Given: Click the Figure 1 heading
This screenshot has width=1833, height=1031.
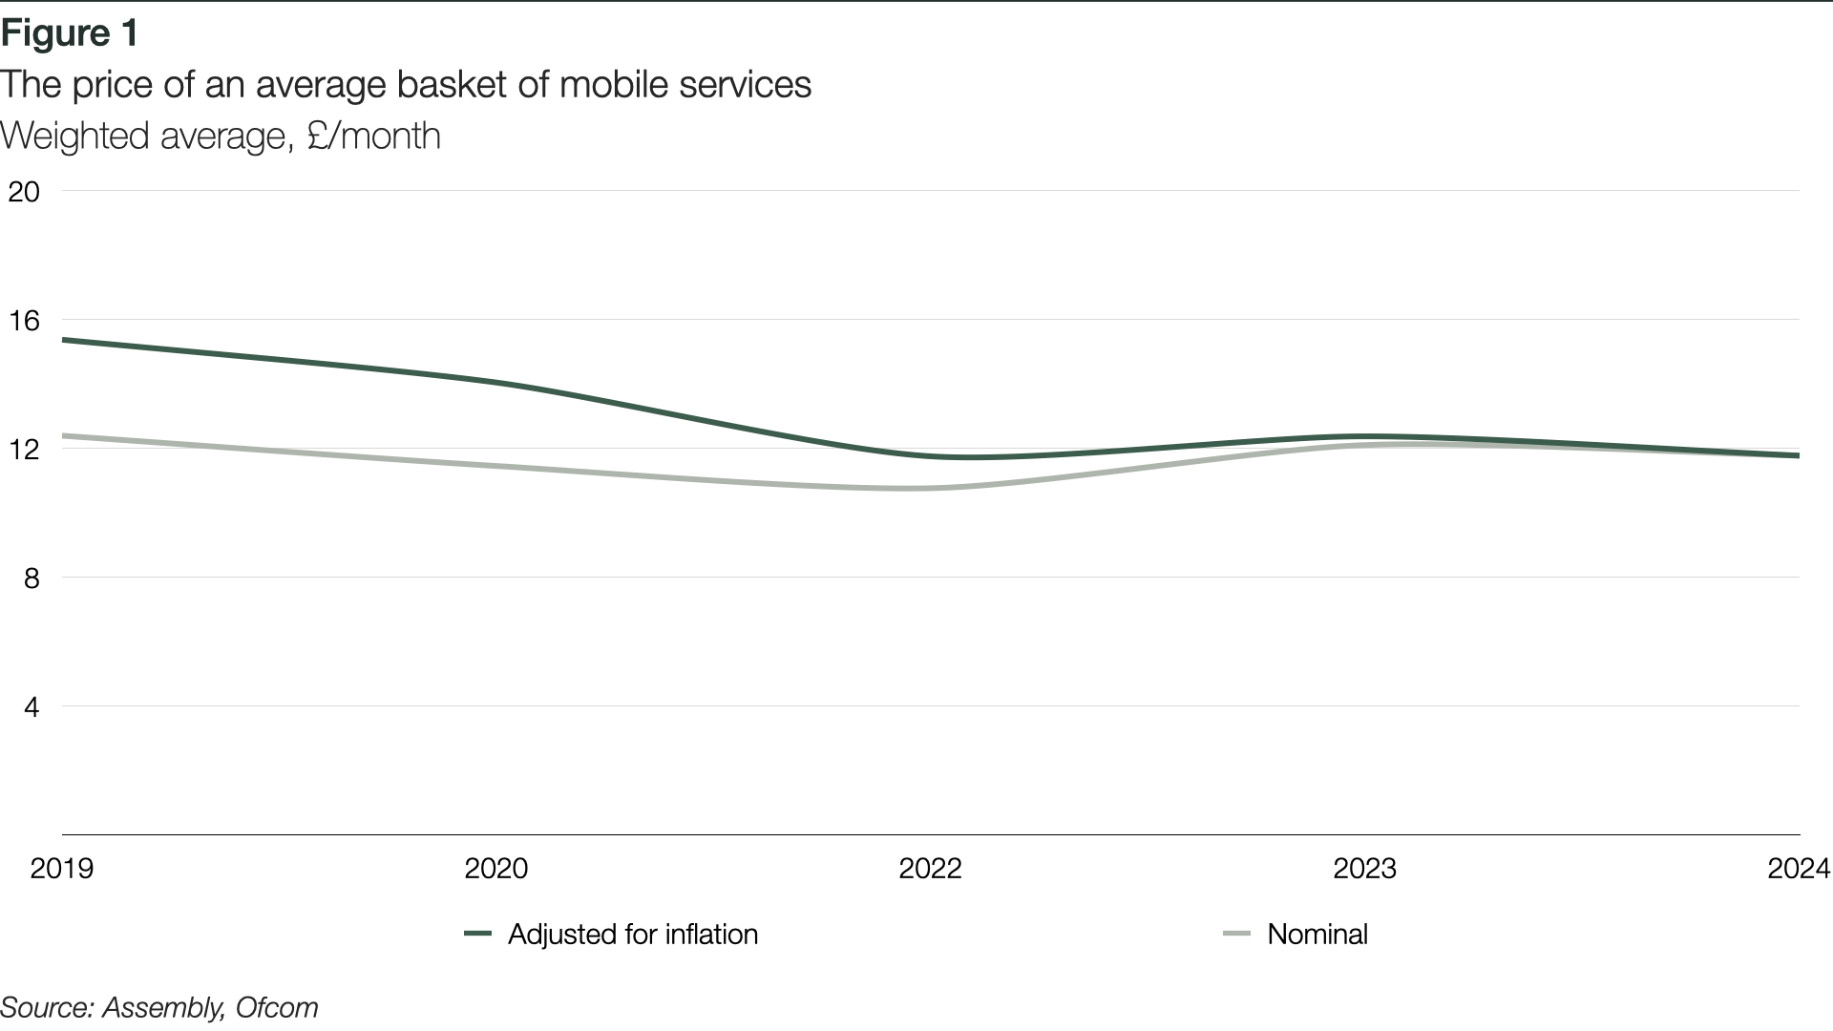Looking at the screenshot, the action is (x=70, y=33).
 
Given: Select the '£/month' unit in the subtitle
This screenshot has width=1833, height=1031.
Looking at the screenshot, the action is (x=373, y=136).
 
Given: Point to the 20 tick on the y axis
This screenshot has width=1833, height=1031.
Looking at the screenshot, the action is (x=24, y=192).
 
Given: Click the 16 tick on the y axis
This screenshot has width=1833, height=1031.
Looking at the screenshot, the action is (x=24, y=321).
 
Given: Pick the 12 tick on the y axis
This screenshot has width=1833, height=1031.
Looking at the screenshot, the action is (x=24, y=450).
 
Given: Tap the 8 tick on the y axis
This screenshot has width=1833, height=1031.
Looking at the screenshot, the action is (x=32, y=579).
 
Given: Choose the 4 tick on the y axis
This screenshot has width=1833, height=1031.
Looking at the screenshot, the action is (x=32, y=707).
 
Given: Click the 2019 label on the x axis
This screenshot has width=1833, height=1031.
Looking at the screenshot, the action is (x=62, y=869).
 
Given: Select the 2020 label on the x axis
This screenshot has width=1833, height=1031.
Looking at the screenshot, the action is (x=496, y=869).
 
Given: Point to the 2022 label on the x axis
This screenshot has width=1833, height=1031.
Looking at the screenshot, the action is (x=931, y=869).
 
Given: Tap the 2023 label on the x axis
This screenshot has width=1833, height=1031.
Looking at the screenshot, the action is (x=1365, y=869).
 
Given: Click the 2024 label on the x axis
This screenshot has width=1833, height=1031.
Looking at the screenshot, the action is (x=1800, y=869).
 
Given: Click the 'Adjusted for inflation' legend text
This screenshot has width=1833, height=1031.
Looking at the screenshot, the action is (x=633, y=934).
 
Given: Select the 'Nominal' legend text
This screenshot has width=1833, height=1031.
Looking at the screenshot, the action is (x=1317, y=934).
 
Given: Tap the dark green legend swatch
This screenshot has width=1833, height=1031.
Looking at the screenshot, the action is (x=477, y=934).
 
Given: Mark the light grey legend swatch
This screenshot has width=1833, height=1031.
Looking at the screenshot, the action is (x=1237, y=934).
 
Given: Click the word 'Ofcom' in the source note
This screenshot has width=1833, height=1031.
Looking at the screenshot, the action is (x=277, y=1008).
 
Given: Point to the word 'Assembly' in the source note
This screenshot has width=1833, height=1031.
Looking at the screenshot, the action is (x=163, y=1009).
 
